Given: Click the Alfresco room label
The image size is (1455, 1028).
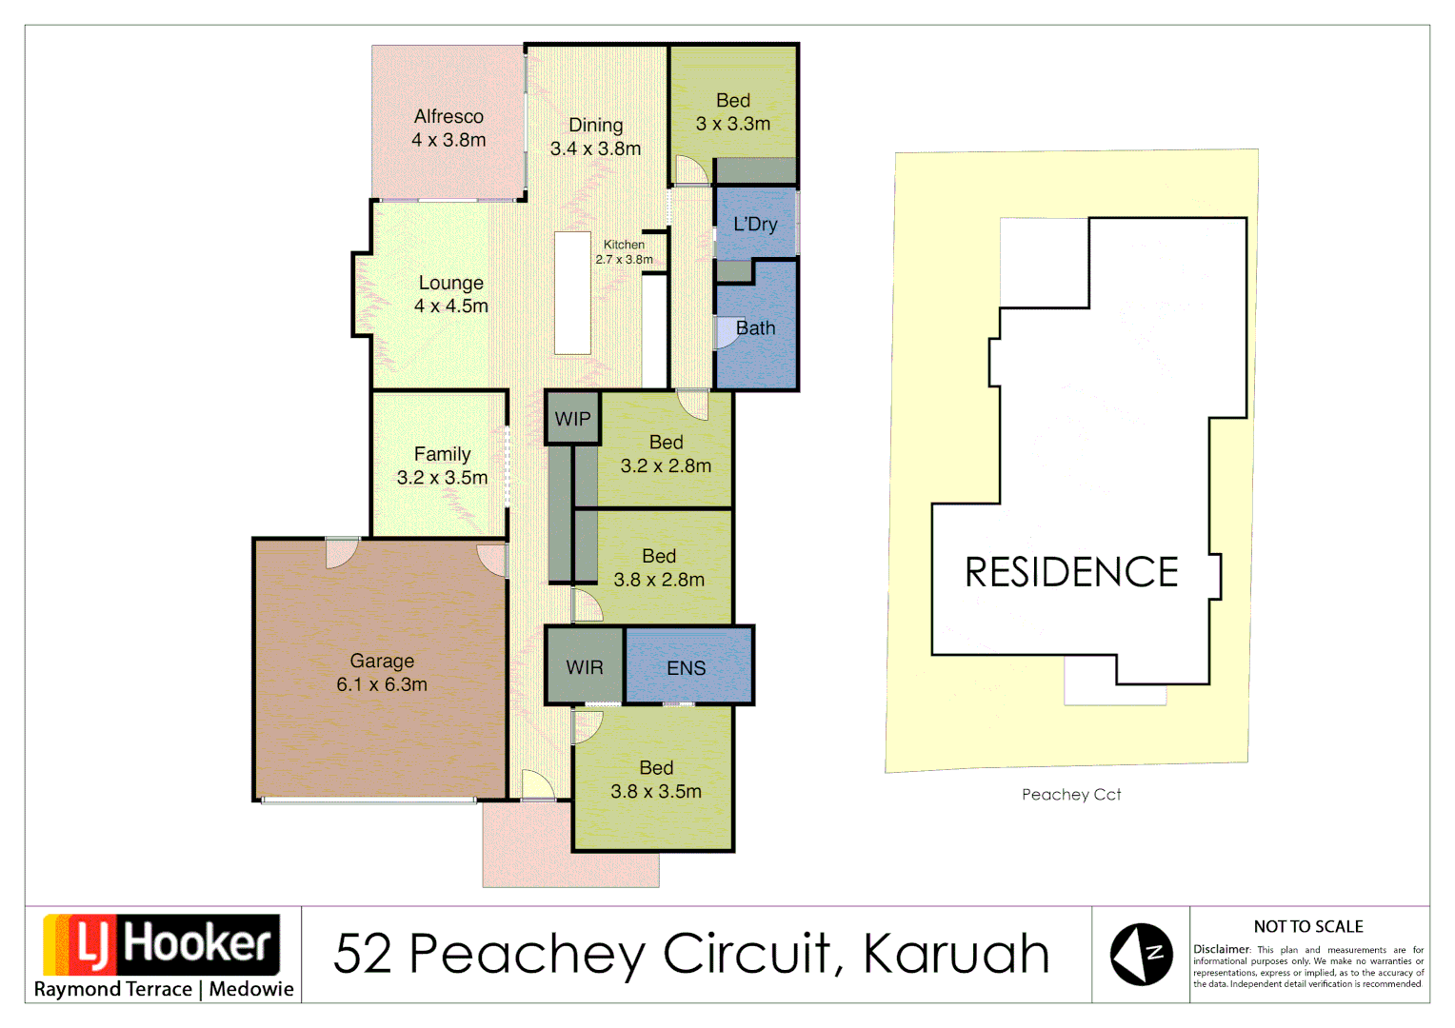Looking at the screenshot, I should [x=448, y=128].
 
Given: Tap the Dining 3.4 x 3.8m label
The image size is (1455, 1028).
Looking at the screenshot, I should [x=595, y=137].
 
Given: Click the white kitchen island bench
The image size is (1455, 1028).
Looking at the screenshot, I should [x=572, y=293].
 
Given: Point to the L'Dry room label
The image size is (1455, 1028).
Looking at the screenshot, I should [x=755, y=225].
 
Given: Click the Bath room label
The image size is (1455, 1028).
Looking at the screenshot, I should [x=755, y=328].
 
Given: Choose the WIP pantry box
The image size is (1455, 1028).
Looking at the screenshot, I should [x=572, y=419].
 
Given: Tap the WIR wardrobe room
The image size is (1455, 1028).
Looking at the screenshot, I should [x=584, y=667].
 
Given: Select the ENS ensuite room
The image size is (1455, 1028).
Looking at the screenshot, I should [x=687, y=667].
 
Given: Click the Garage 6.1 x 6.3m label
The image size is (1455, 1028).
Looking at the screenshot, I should [x=382, y=673].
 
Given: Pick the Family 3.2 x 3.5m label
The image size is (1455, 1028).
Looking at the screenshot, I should [x=442, y=465].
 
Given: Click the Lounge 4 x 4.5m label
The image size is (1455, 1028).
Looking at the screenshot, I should [x=450, y=294].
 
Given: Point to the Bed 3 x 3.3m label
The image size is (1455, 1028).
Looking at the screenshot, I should [x=732, y=112].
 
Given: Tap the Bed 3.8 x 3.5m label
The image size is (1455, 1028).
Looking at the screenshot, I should [x=656, y=780].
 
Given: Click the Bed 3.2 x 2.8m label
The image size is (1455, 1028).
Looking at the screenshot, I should [x=666, y=454].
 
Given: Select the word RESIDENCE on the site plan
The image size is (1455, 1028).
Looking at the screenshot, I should [x=1071, y=572].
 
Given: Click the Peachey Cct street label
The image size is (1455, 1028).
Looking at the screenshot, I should [x=1071, y=795].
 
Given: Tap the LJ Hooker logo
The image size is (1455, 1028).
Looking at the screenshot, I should [x=163, y=945].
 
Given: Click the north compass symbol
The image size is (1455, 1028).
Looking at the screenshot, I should [x=1141, y=954].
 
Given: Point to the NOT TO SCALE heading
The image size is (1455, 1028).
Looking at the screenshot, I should [x=1308, y=926].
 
